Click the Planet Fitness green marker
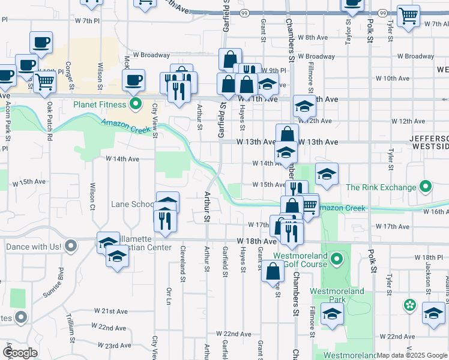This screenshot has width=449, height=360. click(136, 104)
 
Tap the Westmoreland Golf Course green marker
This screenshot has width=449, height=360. click(337, 260)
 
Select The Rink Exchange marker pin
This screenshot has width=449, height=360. click(426, 187)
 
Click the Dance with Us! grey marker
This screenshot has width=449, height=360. click(71, 246)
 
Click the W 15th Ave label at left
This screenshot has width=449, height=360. click(34, 181)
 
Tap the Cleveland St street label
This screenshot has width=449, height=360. click(181, 264)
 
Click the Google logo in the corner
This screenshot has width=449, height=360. click(20, 353)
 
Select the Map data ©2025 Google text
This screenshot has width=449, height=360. click(411, 355)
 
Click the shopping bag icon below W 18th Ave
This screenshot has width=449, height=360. click(273, 270)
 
